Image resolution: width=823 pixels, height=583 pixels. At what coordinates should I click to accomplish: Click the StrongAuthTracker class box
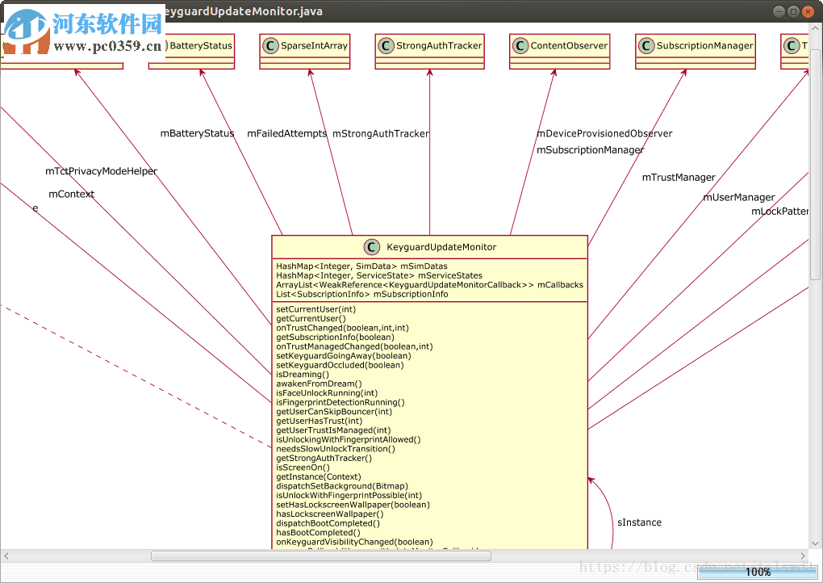[429, 46]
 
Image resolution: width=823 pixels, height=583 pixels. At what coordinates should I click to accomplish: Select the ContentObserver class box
[559, 46]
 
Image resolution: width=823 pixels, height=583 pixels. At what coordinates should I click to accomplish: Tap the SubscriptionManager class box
[696, 46]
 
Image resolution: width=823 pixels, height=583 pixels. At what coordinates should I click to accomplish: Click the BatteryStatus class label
[201, 46]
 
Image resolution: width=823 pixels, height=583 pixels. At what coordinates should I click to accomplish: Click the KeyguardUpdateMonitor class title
[441, 247]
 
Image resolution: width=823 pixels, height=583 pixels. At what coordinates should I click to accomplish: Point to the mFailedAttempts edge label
[287, 134]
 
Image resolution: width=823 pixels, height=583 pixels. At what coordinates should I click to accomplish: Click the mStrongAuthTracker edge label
[381, 134]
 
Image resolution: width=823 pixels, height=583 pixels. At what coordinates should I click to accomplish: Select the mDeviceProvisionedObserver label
[604, 134]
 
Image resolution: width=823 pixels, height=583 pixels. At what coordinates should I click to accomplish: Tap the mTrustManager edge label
[679, 178]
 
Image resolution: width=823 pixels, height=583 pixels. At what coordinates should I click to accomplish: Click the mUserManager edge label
[739, 198]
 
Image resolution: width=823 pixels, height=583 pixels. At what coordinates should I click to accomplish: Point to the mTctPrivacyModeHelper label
[102, 171]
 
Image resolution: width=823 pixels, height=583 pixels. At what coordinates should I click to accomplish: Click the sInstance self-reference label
[639, 523]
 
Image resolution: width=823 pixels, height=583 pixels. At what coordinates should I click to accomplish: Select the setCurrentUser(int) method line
[315, 309]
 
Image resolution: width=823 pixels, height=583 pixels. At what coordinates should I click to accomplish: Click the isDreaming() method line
[303, 375]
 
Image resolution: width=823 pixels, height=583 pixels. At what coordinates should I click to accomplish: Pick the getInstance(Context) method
[319, 477]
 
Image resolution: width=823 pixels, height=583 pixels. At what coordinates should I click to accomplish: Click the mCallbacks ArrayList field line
[429, 285]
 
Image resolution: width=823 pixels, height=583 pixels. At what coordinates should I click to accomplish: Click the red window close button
[808, 11]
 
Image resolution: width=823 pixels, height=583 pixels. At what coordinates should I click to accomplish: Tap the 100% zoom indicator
[758, 572]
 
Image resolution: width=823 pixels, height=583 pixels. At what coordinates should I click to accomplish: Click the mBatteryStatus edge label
[198, 134]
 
